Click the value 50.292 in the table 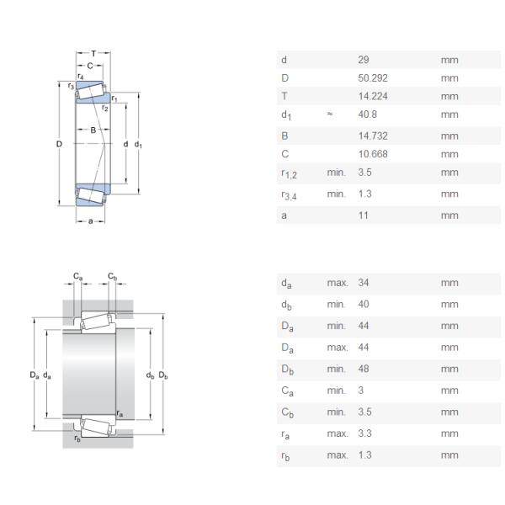[372, 78]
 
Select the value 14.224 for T [372, 97]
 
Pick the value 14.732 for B [372, 136]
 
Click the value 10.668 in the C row [372, 154]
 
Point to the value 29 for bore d [364, 60]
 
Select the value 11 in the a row [363, 215]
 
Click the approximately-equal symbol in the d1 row [330, 114]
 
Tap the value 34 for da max [364, 283]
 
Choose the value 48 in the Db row [364, 369]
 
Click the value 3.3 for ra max [365, 433]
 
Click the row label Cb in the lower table [286, 412]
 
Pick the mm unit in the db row [449, 305]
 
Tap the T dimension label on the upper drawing [93, 53]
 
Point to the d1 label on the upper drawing [139, 145]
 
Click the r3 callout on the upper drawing [71, 86]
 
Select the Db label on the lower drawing [163, 375]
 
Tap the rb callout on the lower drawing [77, 438]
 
